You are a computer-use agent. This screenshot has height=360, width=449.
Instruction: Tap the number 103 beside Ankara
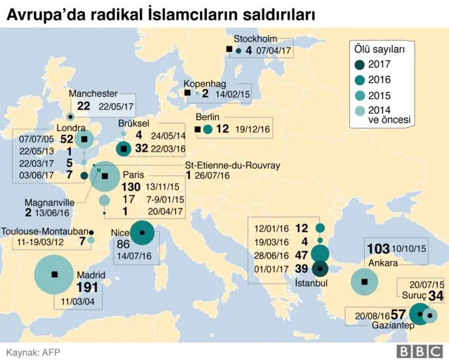(379, 249)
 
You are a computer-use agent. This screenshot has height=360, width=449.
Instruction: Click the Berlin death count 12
(222, 128)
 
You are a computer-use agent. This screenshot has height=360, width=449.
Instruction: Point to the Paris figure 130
(131, 187)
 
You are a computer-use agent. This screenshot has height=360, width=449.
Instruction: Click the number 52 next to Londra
(67, 139)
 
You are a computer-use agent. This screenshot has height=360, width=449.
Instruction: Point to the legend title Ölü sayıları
(380, 49)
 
